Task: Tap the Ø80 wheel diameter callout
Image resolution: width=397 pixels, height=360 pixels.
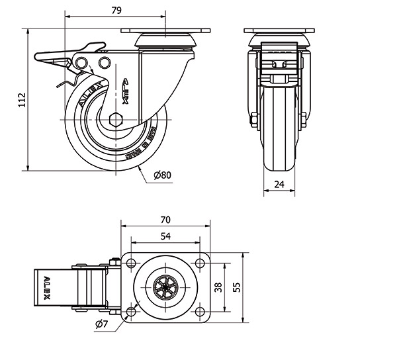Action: (162, 175)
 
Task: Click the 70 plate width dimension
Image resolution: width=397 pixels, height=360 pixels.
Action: (165, 220)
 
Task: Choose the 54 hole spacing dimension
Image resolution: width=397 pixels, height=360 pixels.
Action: (165, 236)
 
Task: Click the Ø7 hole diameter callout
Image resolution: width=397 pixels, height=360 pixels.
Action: (101, 324)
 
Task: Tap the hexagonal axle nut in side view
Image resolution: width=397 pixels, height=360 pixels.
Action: (115, 120)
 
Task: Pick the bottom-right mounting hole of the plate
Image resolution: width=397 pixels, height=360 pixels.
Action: (199, 312)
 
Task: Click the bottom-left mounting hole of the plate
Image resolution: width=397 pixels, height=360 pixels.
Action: (130, 312)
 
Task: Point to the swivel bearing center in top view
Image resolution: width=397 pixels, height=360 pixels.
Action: (165, 288)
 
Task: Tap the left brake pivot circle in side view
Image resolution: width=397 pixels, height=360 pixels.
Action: (83, 62)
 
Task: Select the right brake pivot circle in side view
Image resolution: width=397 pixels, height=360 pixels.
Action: (104, 62)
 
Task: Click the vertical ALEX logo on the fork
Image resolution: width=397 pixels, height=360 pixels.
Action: (127, 91)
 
